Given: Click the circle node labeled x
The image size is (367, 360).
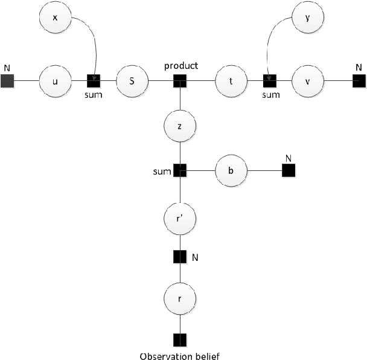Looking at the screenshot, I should tap(56, 18).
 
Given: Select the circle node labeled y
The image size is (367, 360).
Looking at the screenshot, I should tap(308, 18).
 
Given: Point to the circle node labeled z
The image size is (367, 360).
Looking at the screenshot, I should tap(179, 127).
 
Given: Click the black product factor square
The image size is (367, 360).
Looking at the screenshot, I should tap(179, 80).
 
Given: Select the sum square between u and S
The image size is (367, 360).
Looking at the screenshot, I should tap(94, 80).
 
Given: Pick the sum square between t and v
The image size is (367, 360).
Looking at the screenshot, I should tap(269, 80).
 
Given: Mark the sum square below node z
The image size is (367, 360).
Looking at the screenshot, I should tap(179, 171).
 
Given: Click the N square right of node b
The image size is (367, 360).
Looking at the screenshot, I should tap(288, 171).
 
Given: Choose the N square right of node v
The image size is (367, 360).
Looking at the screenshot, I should tap(357, 80).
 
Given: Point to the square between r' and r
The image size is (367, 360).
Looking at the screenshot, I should tap(179, 257).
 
